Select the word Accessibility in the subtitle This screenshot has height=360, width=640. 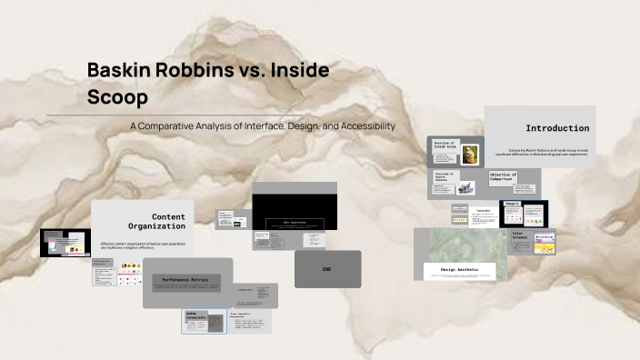click(360, 125)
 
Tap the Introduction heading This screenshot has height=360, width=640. click(557, 128)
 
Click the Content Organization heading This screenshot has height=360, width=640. click(168, 221)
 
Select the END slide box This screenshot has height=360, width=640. click(327, 269)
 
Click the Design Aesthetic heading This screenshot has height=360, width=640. click(459, 270)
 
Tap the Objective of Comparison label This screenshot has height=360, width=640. click(503, 177)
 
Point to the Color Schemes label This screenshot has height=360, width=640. click(518, 236)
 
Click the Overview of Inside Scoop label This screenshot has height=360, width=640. click(445, 145)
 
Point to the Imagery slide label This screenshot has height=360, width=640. click(512, 204)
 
